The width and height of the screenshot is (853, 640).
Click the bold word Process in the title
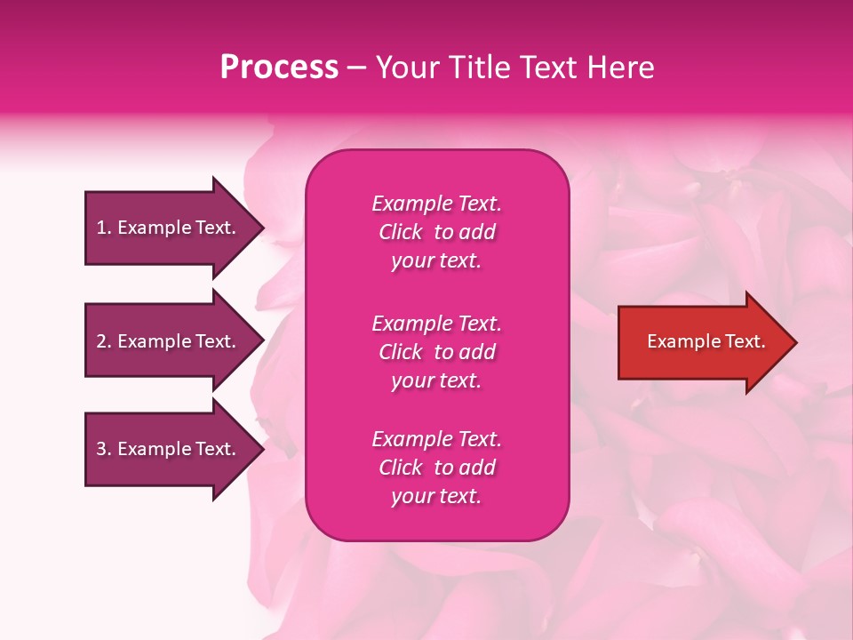pos(279,68)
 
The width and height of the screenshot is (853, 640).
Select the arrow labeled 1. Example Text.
pos(169,228)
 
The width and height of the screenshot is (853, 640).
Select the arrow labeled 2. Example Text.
pos(169,341)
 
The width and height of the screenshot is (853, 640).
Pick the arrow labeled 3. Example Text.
pos(169,449)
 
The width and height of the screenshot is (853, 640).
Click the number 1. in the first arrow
pos(104,228)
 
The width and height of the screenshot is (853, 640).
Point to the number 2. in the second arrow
pos(104,341)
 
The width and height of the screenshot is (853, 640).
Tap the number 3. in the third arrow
pos(104,449)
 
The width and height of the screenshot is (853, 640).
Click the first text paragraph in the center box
pos(436,232)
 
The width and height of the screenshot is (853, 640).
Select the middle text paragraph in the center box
pos(436,352)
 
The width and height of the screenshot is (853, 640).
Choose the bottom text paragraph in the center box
pos(436,468)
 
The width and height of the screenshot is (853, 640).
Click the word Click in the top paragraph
pos(401,232)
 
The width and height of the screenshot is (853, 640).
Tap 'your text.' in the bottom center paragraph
pos(436,496)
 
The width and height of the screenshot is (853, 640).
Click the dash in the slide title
pos(357,68)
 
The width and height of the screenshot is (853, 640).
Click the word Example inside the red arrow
pos(681,341)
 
